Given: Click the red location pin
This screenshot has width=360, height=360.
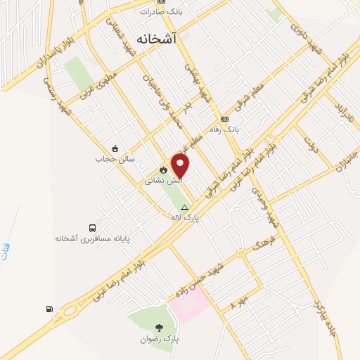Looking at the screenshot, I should coord(181,165).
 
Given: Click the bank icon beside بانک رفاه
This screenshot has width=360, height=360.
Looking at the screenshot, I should coord(225,119).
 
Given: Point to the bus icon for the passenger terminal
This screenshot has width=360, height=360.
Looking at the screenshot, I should coord(93,227).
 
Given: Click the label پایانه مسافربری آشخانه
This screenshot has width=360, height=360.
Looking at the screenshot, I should coord(93,239).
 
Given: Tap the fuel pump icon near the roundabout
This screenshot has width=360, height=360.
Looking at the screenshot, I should coord(49,309).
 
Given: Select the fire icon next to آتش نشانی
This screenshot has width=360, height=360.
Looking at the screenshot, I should coord(163,169).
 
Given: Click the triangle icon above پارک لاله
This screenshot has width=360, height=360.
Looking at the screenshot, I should coord(184,207).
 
